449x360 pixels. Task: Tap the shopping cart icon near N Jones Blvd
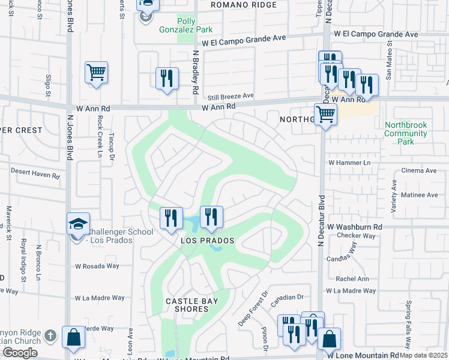click(96, 73)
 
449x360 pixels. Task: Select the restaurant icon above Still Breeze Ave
click(167, 79)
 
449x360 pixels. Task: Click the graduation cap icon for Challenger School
click(78, 225)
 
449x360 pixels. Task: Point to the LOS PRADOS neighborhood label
click(207, 240)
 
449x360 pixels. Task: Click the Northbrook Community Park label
click(406, 133)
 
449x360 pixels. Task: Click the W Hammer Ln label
click(349, 163)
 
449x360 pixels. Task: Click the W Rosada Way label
click(97, 266)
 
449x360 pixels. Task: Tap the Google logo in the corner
click(20, 353)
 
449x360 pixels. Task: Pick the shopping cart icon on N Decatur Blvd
click(325, 113)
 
